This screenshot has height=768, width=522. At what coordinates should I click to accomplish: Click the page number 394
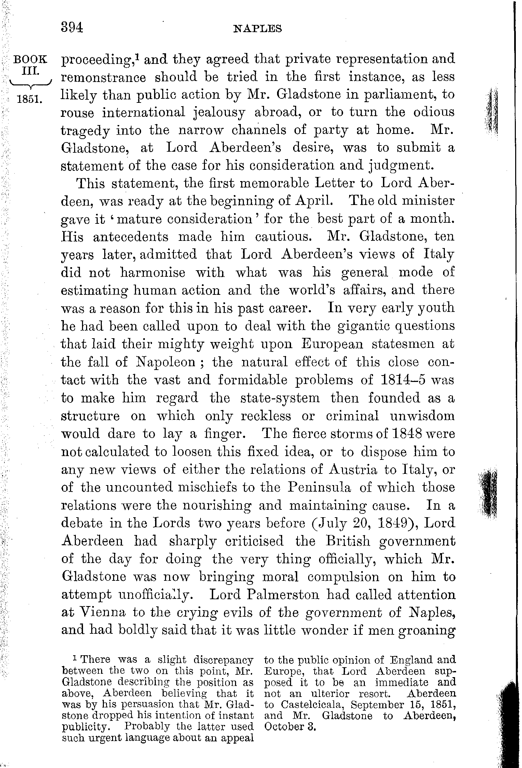[x=72, y=27]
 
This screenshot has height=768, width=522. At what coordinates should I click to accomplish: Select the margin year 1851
[x=30, y=100]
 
